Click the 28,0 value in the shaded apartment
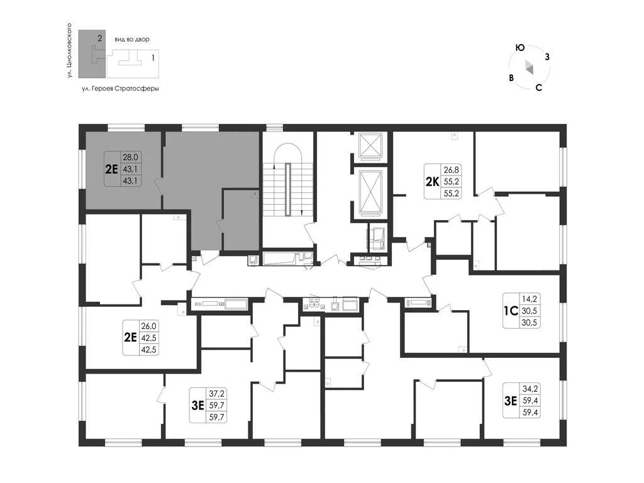click(130, 157)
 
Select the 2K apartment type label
click(432, 181)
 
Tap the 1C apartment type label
click(511, 311)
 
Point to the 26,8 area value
click(451, 169)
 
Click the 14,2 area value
click(530, 299)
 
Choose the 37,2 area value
click(217, 394)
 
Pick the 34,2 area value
click(530, 388)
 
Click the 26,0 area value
click(148, 326)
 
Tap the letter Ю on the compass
click(520, 48)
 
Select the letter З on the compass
click(547, 57)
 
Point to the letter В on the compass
click(511, 77)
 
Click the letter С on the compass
click(539, 87)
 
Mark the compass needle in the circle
click(529, 67)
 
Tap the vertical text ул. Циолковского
click(69, 50)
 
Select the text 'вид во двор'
click(132, 40)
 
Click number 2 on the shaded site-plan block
click(100, 38)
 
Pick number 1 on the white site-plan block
click(153, 58)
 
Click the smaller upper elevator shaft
click(370, 145)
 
